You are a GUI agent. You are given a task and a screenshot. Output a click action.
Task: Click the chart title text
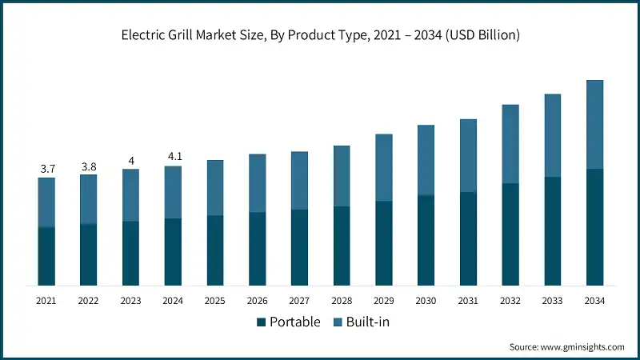(320, 34)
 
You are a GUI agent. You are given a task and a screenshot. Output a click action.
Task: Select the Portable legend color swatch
(261, 322)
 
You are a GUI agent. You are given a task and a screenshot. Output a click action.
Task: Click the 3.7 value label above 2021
(47, 169)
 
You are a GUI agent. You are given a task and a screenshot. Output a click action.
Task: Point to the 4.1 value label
(173, 157)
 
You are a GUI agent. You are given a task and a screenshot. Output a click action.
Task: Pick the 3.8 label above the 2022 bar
(89, 166)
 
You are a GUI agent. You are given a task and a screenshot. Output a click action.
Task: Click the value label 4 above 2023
(131, 160)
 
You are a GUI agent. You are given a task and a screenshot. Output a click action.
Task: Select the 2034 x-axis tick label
(594, 301)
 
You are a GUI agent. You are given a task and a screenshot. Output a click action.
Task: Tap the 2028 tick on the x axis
(342, 301)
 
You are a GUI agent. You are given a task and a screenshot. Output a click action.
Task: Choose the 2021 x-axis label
(47, 301)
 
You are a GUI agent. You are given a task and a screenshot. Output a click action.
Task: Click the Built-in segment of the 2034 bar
(594, 124)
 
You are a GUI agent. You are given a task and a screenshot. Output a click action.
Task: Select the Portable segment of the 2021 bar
(47, 256)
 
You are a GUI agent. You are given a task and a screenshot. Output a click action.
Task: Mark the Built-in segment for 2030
(426, 160)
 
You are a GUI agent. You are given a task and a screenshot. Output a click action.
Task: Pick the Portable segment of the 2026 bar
(258, 249)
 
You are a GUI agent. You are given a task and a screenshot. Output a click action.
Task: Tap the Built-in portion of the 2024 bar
(173, 192)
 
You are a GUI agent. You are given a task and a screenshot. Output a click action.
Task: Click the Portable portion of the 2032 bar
(510, 234)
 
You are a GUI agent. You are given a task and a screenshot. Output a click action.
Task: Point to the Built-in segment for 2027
(299, 181)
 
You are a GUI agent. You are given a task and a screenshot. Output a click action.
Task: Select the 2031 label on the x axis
(468, 301)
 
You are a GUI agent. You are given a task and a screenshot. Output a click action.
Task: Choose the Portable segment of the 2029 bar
(384, 243)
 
